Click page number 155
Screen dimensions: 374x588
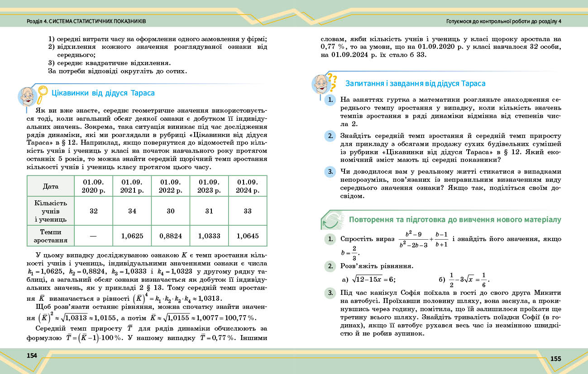[555, 359]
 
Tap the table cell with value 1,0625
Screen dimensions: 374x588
[132, 236]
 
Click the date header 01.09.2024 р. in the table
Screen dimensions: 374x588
[248, 186]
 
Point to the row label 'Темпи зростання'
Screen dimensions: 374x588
[51, 236]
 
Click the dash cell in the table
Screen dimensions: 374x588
[93, 236]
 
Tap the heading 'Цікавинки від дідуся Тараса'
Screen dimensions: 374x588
[103, 93]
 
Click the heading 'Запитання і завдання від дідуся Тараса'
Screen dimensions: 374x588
[415, 84]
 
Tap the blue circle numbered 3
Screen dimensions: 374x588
[330, 172]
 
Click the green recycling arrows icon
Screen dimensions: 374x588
[330, 220]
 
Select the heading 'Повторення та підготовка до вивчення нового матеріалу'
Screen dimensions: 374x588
[455, 220]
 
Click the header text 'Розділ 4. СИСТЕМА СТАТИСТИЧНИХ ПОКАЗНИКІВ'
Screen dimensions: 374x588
[86, 21]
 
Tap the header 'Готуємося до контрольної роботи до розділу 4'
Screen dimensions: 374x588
[503, 21]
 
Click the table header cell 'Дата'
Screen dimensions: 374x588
[51, 186]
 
